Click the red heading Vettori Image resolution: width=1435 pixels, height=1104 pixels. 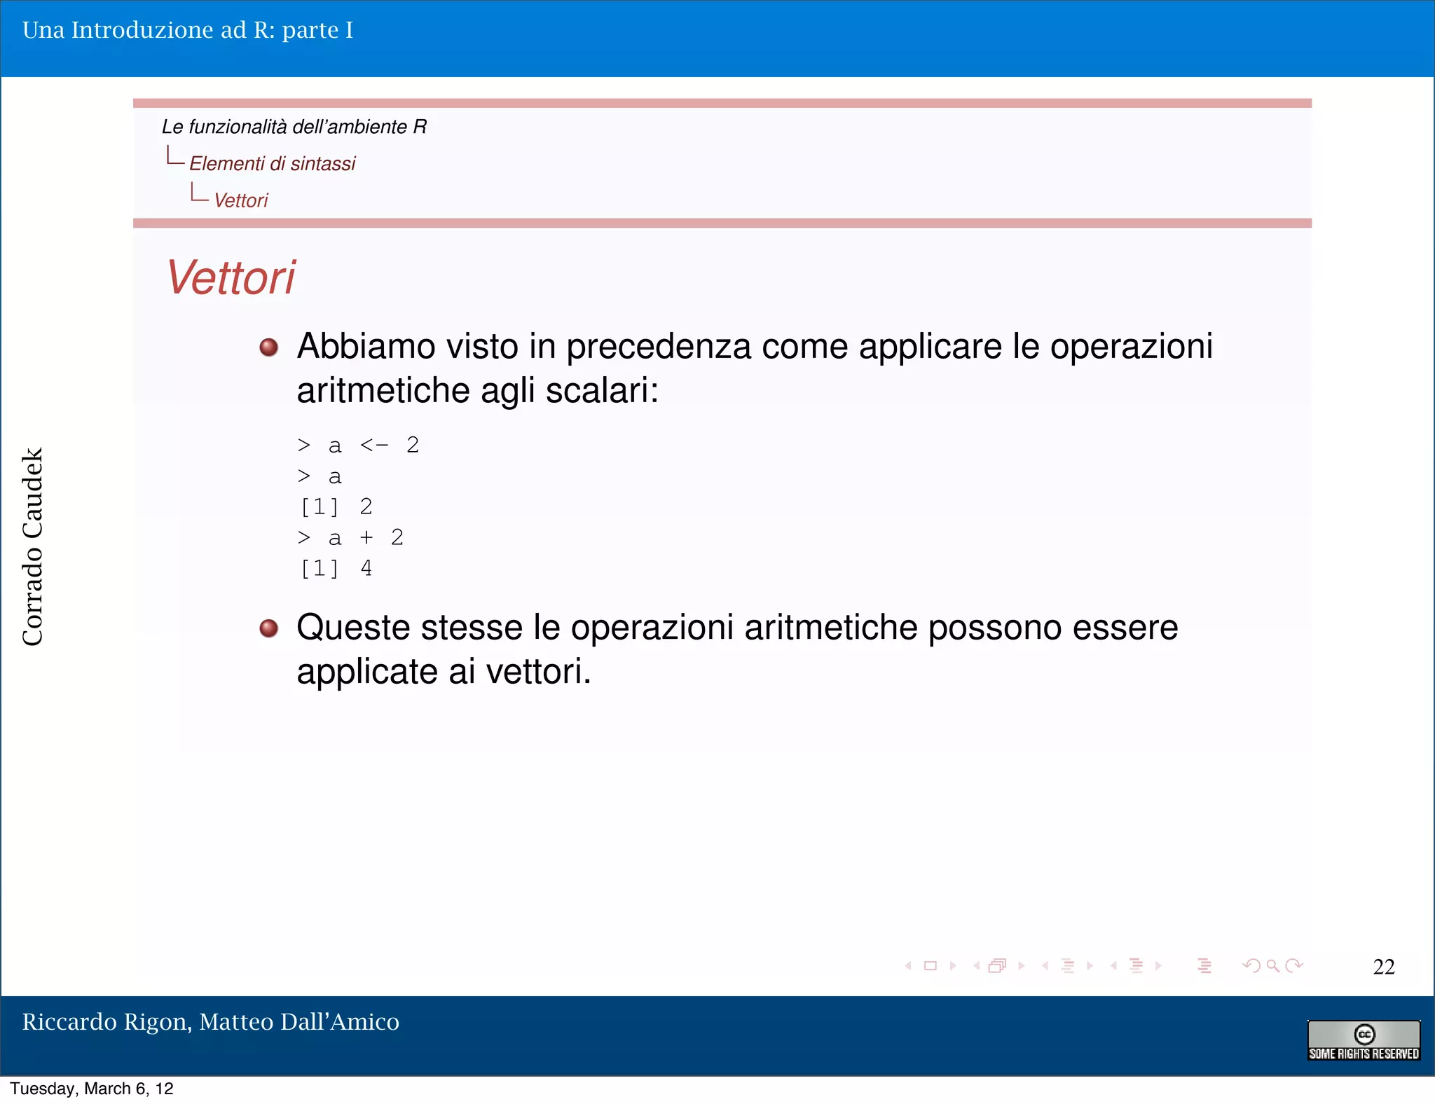(x=231, y=278)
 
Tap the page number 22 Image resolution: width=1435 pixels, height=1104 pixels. (x=1383, y=967)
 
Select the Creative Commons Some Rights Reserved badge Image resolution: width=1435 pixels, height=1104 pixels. (x=1363, y=1041)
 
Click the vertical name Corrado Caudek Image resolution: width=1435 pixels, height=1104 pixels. (x=33, y=546)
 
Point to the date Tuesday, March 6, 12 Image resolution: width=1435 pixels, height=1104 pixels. (x=91, y=1089)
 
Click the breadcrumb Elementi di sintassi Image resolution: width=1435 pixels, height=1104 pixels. (x=272, y=164)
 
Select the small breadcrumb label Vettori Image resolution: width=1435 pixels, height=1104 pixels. (x=240, y=201)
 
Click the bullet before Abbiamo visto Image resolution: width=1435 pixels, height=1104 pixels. (x=268, y=347)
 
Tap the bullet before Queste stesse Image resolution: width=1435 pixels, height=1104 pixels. (x=268, y=628)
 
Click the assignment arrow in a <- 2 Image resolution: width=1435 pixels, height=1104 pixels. (x=373, y=446)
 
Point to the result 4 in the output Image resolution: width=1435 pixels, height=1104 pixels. (x=366, y=568)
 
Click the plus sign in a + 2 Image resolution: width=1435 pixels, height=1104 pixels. (x=366, y=537)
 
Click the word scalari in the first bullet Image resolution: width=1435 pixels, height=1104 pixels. (x=600, y=391)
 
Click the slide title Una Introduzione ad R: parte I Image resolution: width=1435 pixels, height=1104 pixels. (x=188, y=30)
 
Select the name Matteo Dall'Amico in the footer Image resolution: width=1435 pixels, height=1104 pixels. (x=299, y=1022)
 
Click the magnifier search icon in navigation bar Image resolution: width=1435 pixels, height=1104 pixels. (x=1272, y=966)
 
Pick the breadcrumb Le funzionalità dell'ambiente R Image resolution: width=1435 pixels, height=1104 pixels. (x=294, y=127)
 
